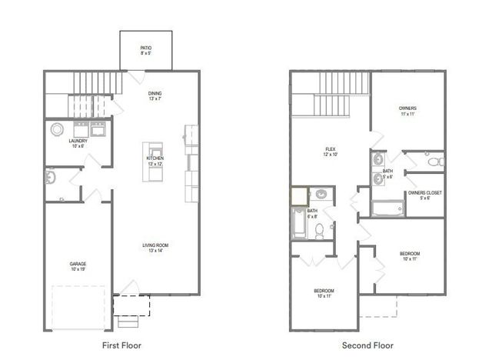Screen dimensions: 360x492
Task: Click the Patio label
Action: click(145, 51)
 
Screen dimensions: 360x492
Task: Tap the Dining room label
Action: click(155, 96)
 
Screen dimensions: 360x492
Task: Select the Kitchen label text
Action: click(155, 162)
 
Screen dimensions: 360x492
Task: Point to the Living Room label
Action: click(155, 248)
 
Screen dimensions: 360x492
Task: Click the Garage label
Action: click(78, 267)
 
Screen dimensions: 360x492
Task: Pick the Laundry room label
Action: click(78, 143)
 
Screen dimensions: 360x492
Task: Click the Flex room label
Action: click(331, 152)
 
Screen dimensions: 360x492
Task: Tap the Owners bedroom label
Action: click(408, 110)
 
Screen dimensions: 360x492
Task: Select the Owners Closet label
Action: click(424, 195)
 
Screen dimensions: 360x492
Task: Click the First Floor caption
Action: click(122, 345)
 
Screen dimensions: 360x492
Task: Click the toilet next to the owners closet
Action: click(434, 162)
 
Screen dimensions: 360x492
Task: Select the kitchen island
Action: click(157, 162)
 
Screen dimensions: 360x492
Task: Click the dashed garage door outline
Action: click(78, 308)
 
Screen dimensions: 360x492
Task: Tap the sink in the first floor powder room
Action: click(50, 178)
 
